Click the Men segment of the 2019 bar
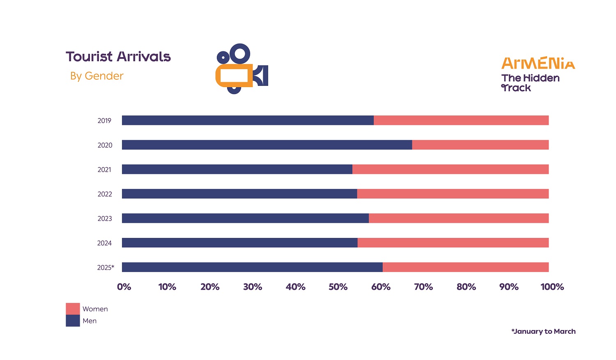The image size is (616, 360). pyautogui.click(x=248, y=120)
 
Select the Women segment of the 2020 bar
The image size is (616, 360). pyautogui.click(x=480, y=145)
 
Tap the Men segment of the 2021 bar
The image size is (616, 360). pyautogui.click(x=237, y=169)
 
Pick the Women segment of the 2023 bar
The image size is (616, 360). pyautogui.click(x=458, y=218)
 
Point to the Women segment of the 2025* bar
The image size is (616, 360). pyautogui.click(x=465, y=267)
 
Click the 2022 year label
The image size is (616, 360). pyautogui.click(x=105, y=194)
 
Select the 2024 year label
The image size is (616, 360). pyautogui.click(x=104, y=243)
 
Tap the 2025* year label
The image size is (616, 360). pyautogui.click(x=106, y=268)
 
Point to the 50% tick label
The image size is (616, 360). pyautogui.click(x=338, y=287)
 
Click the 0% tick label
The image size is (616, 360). pyautogui.click(x=124, y=287)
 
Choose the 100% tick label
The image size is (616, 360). pyautogui.click(x=552, y=287)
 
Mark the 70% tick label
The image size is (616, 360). pyautogui.click(x=423, y=287)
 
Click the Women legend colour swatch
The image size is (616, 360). pyautogui.click(x=73, y=309)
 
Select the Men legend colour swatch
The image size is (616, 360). pyautogui.click(x=73, y=321)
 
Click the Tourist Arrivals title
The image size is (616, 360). pyautogui.click(x=118, y=57)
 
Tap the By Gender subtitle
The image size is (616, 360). pyautogui.click(x=97, y=76)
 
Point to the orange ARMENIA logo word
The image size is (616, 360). pyautogui.click(x=538, y=63)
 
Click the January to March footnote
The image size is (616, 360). pyautogui.click(x=543, y=331)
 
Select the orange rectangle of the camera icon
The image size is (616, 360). pyautogui.click(x=234, y=76)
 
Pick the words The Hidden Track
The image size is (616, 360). pyautogui.click(x=530, y=83)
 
